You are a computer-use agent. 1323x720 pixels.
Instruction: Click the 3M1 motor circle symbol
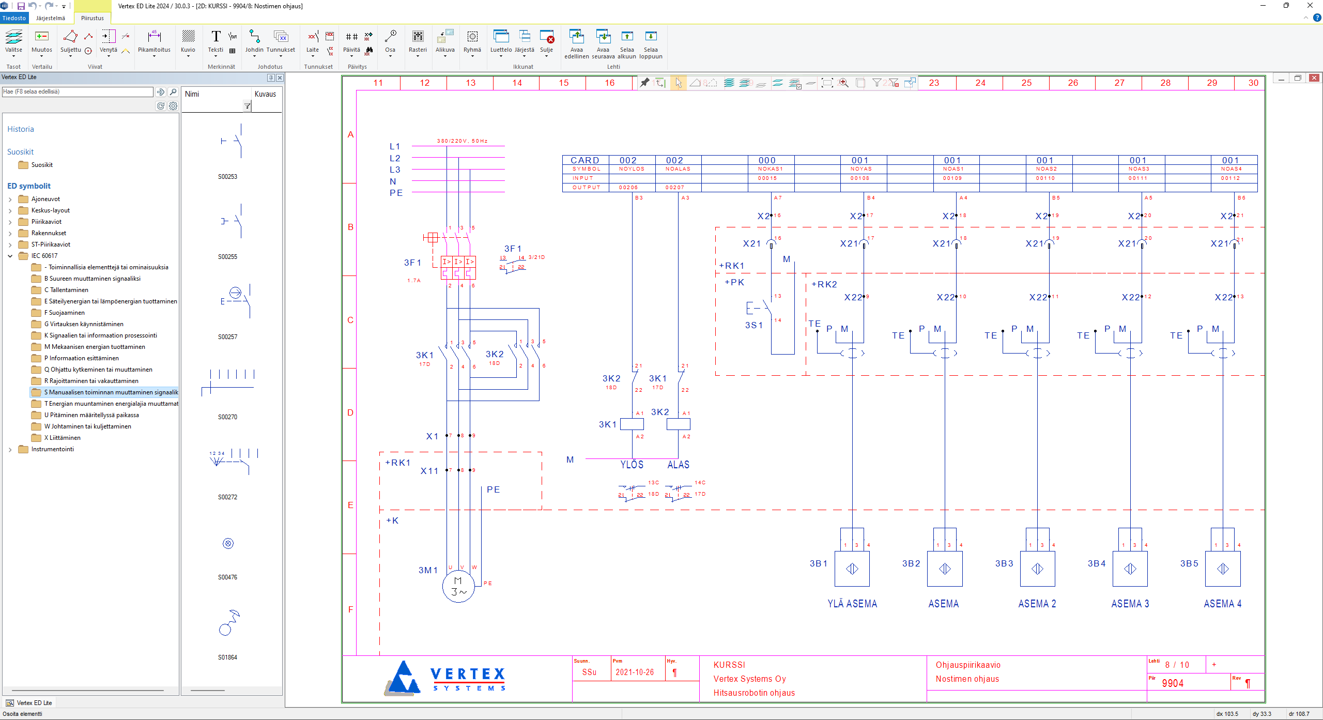pos(458,586)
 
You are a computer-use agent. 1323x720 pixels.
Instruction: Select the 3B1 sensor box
pos(852,569)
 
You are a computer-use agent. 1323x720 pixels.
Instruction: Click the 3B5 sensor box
pos(1222,569)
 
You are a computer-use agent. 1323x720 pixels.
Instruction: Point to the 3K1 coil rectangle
pos(632,424)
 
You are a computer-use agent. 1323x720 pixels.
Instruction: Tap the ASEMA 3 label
pos(1130,604)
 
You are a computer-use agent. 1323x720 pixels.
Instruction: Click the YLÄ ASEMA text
pos(852,604)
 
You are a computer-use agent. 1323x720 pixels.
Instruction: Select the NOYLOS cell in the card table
pos(632,169)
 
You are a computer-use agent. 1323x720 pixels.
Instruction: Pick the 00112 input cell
pos(1230,178)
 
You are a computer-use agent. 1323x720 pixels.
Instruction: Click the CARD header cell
pos(584,160)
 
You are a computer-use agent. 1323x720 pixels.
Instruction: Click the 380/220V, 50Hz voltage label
pos(462,141)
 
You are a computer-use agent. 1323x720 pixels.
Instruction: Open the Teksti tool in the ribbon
pos(216,41)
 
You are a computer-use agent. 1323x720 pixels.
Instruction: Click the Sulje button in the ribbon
pos(546,41)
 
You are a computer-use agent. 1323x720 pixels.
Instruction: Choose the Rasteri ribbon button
pos(418,41)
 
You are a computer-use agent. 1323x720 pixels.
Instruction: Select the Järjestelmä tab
pos(51,18)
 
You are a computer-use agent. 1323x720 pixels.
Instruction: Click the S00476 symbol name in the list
pos(227,577)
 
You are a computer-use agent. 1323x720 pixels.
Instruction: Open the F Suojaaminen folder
pos(64,313)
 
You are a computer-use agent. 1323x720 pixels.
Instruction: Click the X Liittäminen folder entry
pos(62,438)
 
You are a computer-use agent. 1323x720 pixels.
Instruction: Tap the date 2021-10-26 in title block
pos(635,672)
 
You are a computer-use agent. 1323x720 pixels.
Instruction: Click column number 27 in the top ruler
pos(1119,83)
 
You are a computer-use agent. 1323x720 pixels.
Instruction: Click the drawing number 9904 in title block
pos(1173,683)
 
